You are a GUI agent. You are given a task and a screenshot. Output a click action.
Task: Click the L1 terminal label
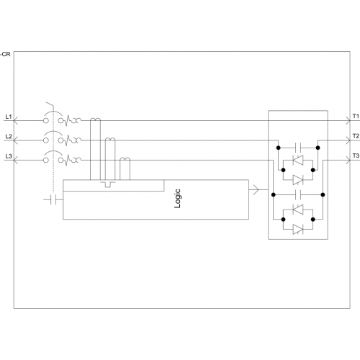tap(9, 117)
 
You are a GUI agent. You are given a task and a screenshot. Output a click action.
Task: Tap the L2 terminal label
tap(9, 137)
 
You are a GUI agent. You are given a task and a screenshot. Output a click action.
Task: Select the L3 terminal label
tap(9, 156)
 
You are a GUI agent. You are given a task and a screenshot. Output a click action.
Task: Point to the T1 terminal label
tap(356, 117)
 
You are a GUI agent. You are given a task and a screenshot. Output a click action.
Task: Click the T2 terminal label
tap(356, 136)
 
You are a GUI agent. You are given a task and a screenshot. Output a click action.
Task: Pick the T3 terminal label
tap(356, 156)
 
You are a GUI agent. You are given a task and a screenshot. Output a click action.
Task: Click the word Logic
tap(177, 199)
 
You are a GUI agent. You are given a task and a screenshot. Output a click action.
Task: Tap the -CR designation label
tap(6, 54)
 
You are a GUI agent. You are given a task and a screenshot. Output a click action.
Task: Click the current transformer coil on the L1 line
tap(95, 120)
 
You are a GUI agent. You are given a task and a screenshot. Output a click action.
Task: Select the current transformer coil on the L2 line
tap(110, 139)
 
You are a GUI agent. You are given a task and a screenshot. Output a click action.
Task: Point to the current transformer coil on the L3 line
tap(125, 159)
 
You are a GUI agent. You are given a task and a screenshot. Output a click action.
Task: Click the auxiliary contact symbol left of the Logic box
tap(53, 199)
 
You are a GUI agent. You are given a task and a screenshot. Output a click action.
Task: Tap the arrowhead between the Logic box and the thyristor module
tap(256, 189)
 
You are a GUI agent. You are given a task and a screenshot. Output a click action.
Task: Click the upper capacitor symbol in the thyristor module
tap(298, 148)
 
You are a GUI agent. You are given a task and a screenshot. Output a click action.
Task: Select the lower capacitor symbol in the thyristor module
tap(298, 194)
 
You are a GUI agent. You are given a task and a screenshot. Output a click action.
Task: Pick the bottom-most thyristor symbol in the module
tap(298, 229)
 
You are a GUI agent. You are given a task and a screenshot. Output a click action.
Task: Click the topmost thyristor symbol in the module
tap(298, 160)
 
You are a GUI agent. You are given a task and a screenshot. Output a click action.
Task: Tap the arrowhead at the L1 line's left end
tap(15, 120)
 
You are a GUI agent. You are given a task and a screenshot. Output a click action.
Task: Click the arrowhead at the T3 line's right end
tap(348, 160)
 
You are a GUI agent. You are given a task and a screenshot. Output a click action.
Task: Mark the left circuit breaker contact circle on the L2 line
tap(46, 140)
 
